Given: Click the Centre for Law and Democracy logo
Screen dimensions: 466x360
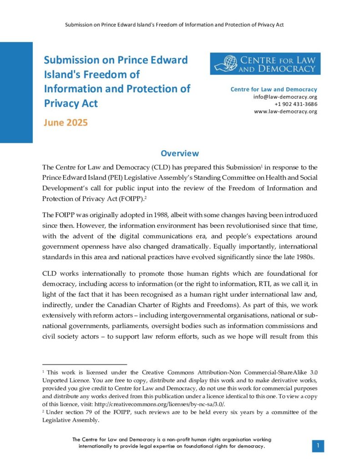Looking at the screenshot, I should pyautogui.click(x=265, y=64).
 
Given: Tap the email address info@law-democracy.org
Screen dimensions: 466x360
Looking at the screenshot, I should pyautogui.click(x=285, y=97).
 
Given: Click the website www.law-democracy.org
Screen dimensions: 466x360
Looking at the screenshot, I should pyautogui.click(x=285, y=111).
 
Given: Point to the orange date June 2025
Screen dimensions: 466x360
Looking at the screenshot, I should pyautogui.click(x=66, y=122).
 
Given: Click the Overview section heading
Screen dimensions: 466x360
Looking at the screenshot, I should pyautogui.click(x=180, y=153).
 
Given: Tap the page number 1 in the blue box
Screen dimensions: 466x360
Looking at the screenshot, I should pyautogui.click(x=318, y=446).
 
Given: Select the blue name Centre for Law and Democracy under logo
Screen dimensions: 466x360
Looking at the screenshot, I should pyautogui.click(x=274, y=89).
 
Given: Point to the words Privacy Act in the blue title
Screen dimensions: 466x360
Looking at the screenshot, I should pyautogui.click(x=71, y=103).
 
